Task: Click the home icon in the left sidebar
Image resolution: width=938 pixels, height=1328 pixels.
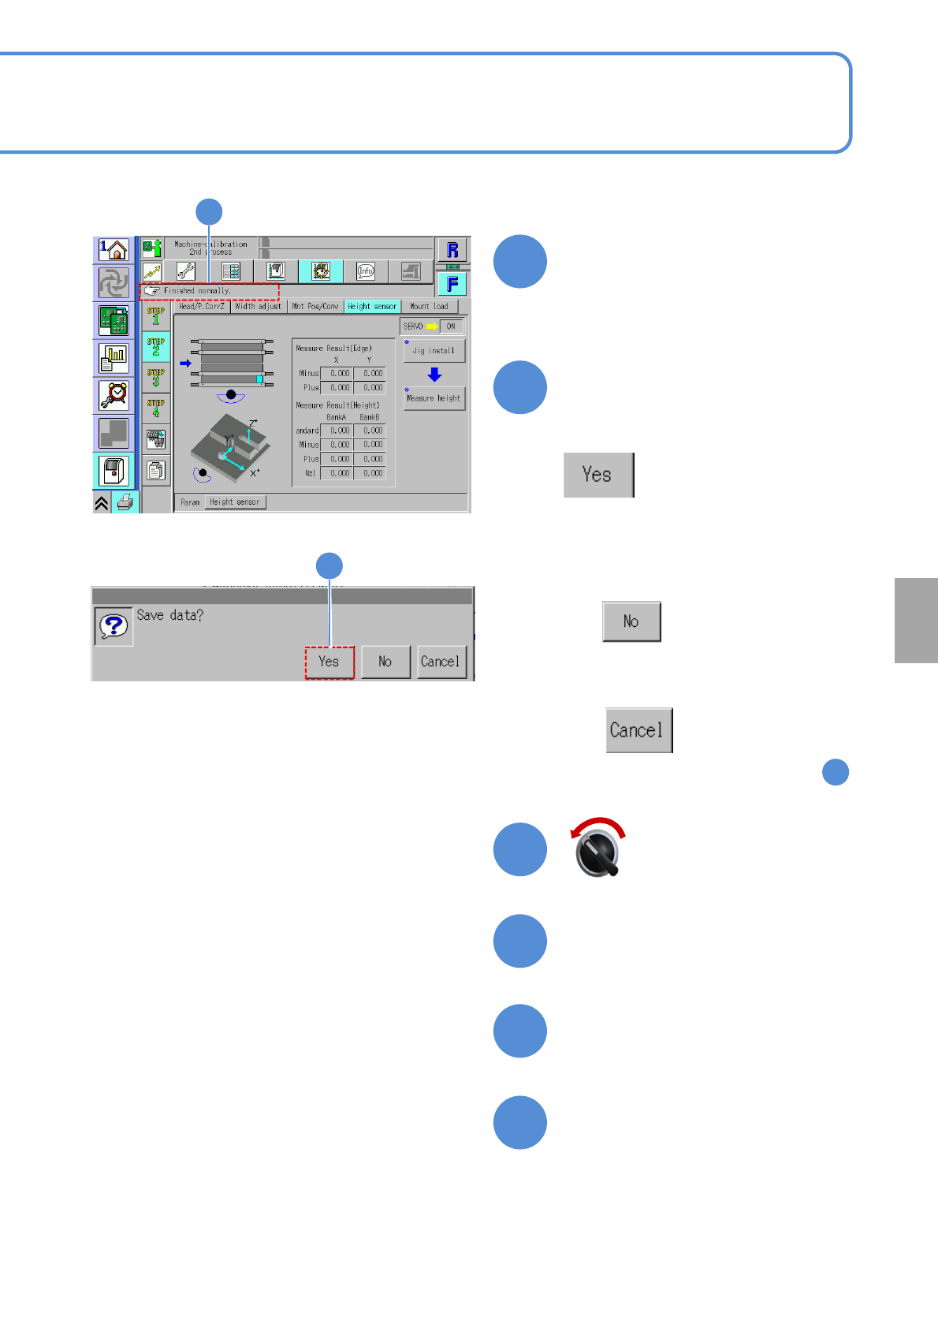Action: point(114,251)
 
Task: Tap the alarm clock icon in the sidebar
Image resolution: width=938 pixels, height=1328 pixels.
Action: point(114,394)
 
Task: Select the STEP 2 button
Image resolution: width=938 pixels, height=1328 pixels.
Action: point(156,347)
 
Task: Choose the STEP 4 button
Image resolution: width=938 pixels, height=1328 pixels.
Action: point(156,408)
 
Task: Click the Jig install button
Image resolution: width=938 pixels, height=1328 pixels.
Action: point(434,351)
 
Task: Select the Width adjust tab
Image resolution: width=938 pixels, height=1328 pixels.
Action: point(258,307)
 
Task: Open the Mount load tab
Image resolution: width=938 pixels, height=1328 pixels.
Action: point(429,307)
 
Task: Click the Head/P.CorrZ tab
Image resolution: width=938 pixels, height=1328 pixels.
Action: point(202,307)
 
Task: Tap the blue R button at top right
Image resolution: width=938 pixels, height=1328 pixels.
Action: point(452,250)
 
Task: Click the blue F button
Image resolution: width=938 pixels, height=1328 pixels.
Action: point(452,284)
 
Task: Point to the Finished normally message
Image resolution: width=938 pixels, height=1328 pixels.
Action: point(209,291)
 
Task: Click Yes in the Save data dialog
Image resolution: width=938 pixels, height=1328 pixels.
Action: point(329,662)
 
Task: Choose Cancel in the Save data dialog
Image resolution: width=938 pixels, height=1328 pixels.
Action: point(440,662)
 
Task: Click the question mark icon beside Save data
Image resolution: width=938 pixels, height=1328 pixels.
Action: point(114,626)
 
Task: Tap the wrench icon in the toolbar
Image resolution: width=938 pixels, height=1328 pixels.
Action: point(186,272)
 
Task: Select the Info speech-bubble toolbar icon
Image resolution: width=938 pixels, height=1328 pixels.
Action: point(366,272)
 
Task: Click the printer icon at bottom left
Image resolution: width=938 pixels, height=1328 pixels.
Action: point(125,502)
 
